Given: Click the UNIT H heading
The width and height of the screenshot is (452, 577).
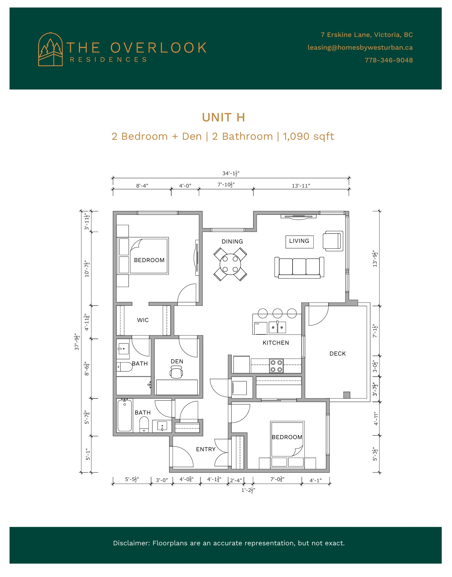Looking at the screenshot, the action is click(x=223, y=117).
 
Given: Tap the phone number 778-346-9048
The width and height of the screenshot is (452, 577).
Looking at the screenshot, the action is click(x=389, y=60).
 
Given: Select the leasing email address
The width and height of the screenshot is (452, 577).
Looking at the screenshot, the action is click(x=360, y=48).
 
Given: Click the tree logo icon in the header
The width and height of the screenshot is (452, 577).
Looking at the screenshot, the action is click(x=50, y=49).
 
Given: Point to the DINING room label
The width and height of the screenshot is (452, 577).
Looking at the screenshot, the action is click(x=232, y=242).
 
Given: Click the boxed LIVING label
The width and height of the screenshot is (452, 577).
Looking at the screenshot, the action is click(x=299, y=241).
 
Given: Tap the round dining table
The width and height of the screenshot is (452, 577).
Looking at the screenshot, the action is click(x=230, y=264).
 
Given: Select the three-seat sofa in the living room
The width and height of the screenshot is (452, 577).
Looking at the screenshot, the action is click(x=299, y=267).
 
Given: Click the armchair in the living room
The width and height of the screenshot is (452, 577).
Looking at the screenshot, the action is click(x=333, y=241).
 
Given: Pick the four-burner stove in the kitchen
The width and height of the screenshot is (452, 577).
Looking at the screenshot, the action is click(x=276, y=366).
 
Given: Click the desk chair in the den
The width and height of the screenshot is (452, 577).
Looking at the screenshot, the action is click(x=176, y=372).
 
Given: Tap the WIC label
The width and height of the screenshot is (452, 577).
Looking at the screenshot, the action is click(x=143, y=320).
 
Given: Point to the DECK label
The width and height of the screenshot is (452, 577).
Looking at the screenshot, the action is click(x=338, y=354).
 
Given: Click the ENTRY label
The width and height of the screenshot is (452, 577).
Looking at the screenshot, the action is click(x=206, y=449).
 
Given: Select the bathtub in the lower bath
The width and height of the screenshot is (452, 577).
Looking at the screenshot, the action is click(x=125, y=416).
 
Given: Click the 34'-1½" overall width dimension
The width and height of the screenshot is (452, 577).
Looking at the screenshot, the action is click(x=231, y=174).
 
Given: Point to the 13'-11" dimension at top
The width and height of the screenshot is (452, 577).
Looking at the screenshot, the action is click(x=301, y=186).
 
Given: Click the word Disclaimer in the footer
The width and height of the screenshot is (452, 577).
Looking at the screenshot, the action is click(x=132, y=543).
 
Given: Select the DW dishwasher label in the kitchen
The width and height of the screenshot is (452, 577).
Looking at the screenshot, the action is click(x=257, y=324).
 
